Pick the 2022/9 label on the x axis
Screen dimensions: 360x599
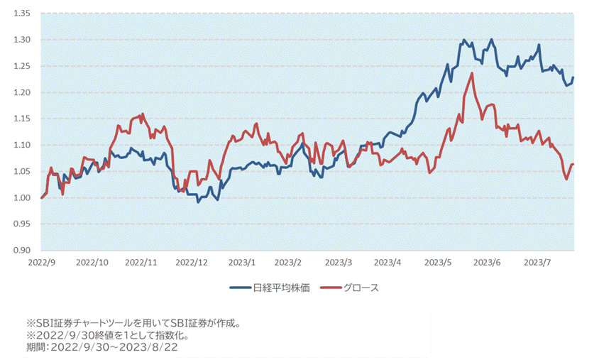[42, 262]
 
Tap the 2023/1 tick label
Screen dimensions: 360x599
[241, 262]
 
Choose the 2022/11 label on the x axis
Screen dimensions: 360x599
[141, 262]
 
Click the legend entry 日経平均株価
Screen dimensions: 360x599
[281, 288]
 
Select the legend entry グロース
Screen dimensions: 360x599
[361, 288]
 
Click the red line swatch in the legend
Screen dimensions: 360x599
[330, 288]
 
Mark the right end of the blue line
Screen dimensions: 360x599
[573, 77]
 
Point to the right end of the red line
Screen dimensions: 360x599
[573, 165]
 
